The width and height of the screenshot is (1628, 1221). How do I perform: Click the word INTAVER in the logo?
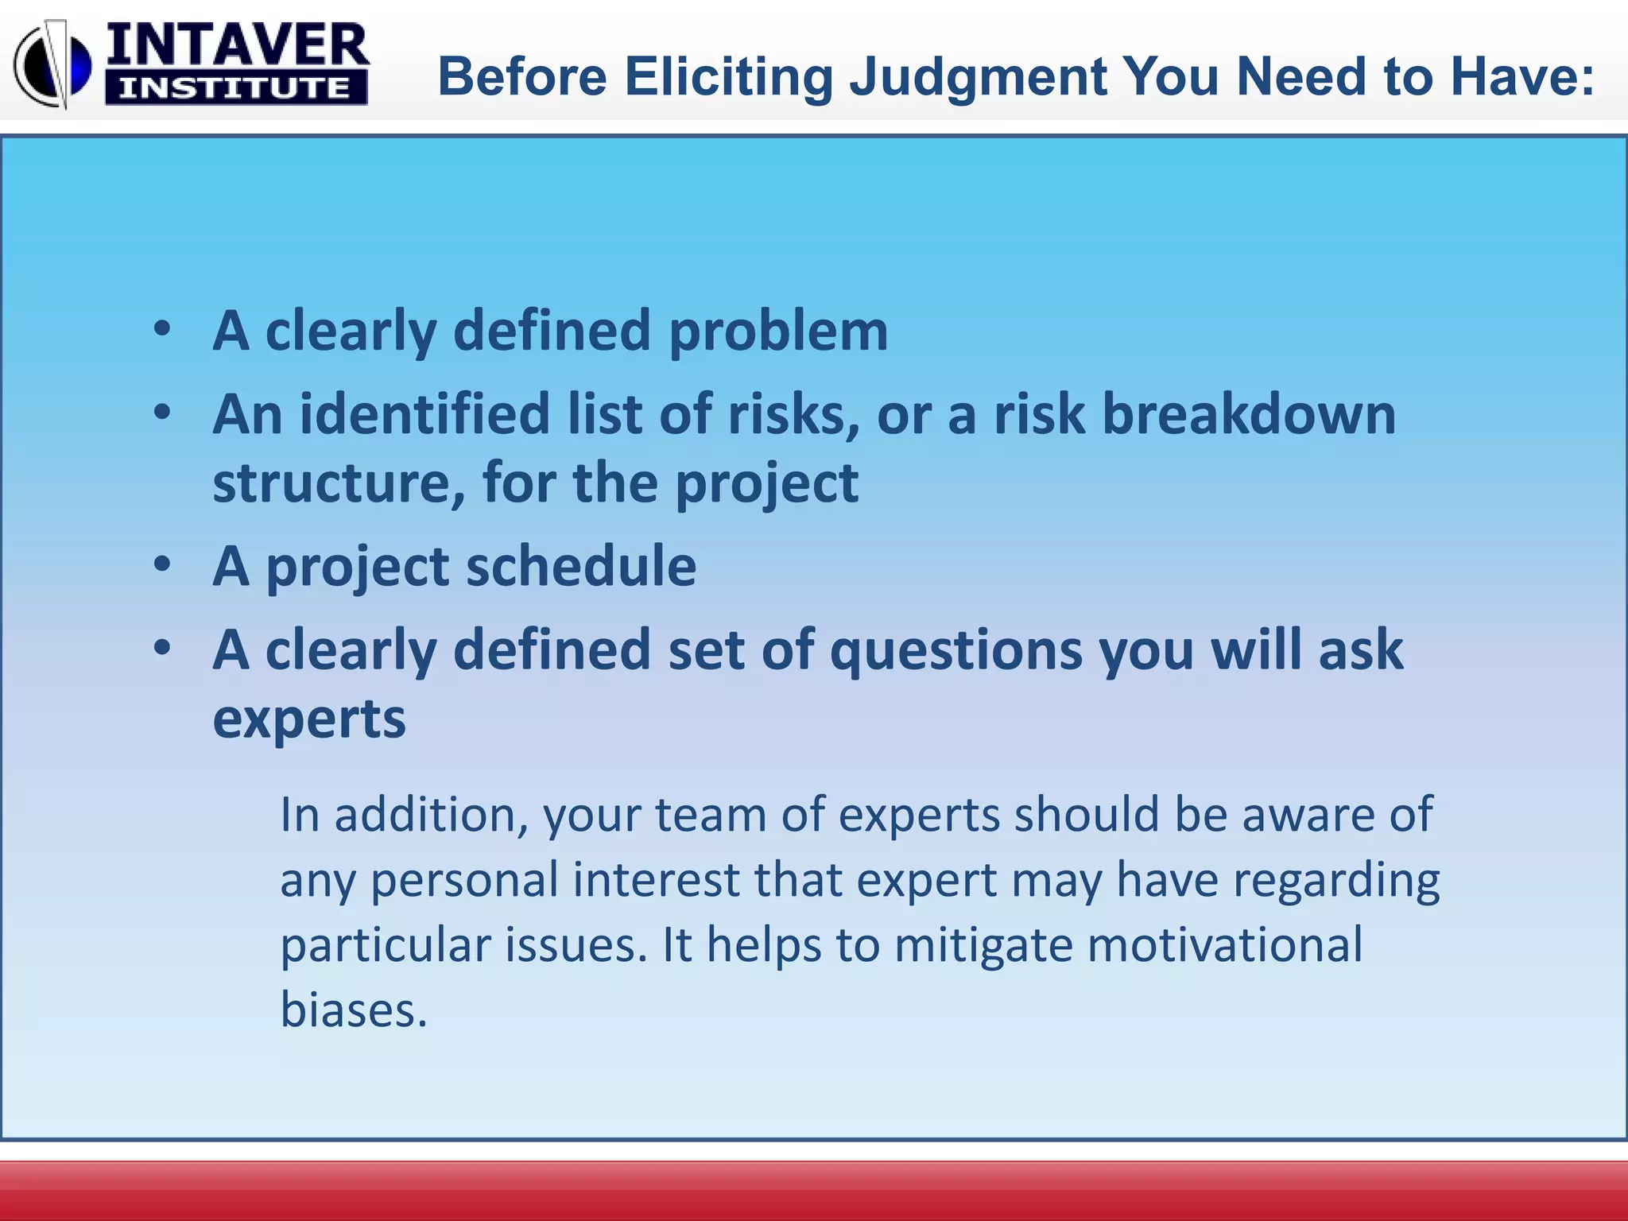pyautogui.click(x=236, y=46)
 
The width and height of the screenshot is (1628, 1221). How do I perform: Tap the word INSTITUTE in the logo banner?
pyautogui.click(x=235, y=88)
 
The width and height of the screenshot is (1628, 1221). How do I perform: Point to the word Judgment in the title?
pyautogui.click(x=979, y=77)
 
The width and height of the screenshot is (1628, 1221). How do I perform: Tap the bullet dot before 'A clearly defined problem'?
pyautogui.click(x=162, y=329)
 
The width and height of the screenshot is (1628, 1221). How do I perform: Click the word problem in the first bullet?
pyautogui.click(x=778, y=331)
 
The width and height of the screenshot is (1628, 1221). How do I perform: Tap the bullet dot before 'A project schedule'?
pyautogui.click(x=162, y=564)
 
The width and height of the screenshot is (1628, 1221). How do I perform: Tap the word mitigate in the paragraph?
pyautogui.click(x=983, y=946)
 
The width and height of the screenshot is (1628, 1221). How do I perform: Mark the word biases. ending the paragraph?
pyautogui.click(x=354, y=1010)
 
